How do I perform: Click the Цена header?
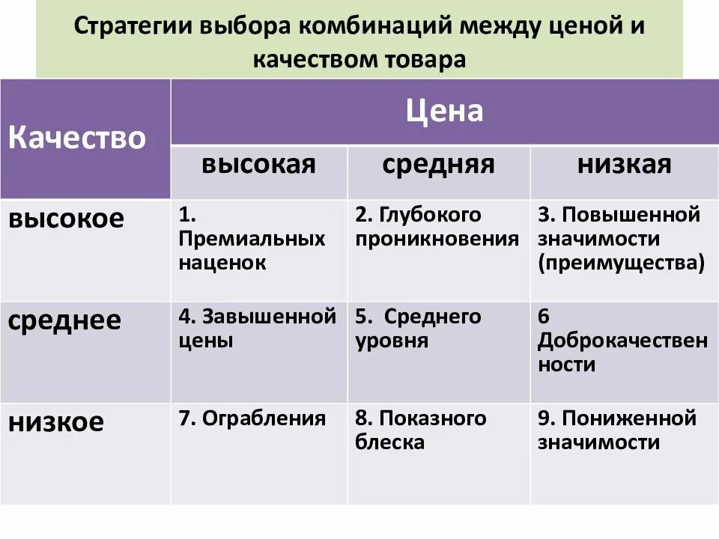(444, 112)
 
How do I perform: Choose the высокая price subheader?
(258, 165)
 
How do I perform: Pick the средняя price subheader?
(439, 165)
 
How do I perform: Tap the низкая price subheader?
(624, 165)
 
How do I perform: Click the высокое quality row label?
(66, 219)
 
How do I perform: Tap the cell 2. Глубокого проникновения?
(437, 228)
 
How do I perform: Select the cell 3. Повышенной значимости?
(621, 240)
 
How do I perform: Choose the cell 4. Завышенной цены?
(257, 329)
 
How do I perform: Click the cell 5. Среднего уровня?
(419, 329)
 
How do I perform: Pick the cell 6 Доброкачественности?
(622, 341)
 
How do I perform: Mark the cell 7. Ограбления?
(252, 418)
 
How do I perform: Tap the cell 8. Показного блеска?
(421, 430)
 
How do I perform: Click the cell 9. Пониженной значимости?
(617, 430)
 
